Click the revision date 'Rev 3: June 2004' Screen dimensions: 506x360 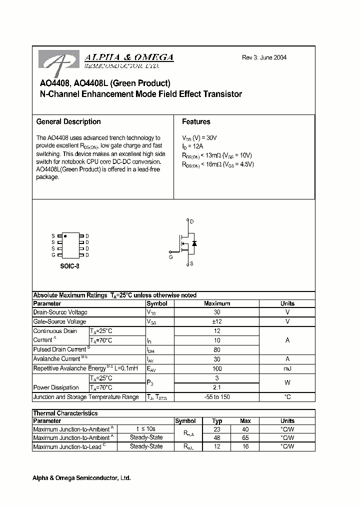tap(264, 57)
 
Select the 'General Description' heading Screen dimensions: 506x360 tap(68, 121)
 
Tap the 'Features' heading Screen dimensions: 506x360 tap(196, 121)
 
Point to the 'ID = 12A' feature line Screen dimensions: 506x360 tap(193, 146)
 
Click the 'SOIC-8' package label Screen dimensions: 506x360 tap(69, 266)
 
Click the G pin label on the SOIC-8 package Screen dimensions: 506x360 tap(52, 255)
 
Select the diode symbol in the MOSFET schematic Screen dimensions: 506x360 tap(194, 243)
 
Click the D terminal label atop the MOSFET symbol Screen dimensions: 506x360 tap(191, 221)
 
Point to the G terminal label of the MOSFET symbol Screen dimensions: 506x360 tap(170, 257)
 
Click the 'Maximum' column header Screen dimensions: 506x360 tap(217, 303)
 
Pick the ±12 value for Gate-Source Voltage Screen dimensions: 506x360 tap(217, 321)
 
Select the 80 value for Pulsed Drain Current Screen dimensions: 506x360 tap(217, 349)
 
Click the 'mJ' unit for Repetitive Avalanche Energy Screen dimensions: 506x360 tap(287, 368)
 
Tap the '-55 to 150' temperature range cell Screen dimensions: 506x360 tap(217, 397)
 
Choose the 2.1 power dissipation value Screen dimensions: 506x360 tap(217, 387)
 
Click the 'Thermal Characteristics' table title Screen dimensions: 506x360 tap(65, 413)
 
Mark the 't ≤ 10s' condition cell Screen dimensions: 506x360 tap(145, 428)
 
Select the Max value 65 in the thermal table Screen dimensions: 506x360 tap(245, 437)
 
